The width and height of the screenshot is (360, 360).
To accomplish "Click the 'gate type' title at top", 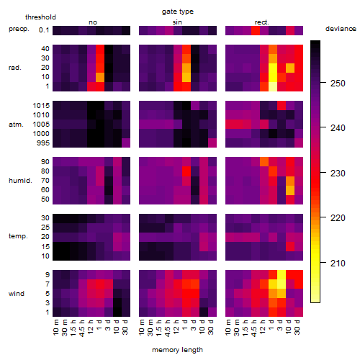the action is (x=178, y=12).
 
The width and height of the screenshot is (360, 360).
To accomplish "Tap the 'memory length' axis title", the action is (x=177, y=350).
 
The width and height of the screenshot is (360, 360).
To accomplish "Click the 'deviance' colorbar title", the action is (x=341, y=29).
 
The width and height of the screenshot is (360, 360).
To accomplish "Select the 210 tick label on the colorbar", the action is (x=338, y=264).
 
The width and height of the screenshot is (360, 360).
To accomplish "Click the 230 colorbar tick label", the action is (x=338, y=174).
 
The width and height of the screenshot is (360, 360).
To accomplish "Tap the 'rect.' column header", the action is (x=262, y=22).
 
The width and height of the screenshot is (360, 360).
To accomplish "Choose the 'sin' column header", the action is (x=177, y=22).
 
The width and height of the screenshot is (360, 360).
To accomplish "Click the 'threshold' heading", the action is (x=40, y=17).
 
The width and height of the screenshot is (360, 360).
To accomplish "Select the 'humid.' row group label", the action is (x=20, y=181).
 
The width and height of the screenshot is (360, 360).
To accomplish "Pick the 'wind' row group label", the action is (x=17, y=294).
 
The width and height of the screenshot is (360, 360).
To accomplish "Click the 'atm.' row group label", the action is (x=16, y=125).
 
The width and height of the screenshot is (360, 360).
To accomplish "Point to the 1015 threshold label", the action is (x=41, y=106).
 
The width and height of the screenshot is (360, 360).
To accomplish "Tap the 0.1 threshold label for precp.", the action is (x=44, y=30).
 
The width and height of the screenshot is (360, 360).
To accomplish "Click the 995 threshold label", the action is (x=43, y=143).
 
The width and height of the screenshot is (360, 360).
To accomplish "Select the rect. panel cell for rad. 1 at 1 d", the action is (x=273, y=86).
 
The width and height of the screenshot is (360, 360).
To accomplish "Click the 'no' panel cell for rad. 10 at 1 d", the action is (x=100, y=77).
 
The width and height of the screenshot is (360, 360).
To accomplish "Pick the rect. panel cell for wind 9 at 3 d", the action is (x=282, y=275).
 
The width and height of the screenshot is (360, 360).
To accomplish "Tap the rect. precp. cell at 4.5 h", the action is (x=256, y=30).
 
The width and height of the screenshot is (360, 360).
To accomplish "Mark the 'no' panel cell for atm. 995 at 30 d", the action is (x=126, y=143).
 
